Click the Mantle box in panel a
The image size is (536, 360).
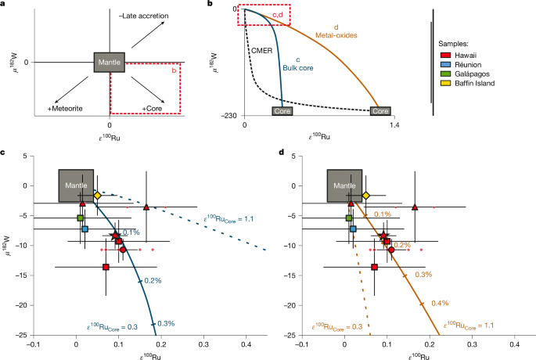coord(109,62)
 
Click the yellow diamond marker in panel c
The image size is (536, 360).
coord(97,195)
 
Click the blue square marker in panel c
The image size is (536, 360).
coord(85,229)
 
